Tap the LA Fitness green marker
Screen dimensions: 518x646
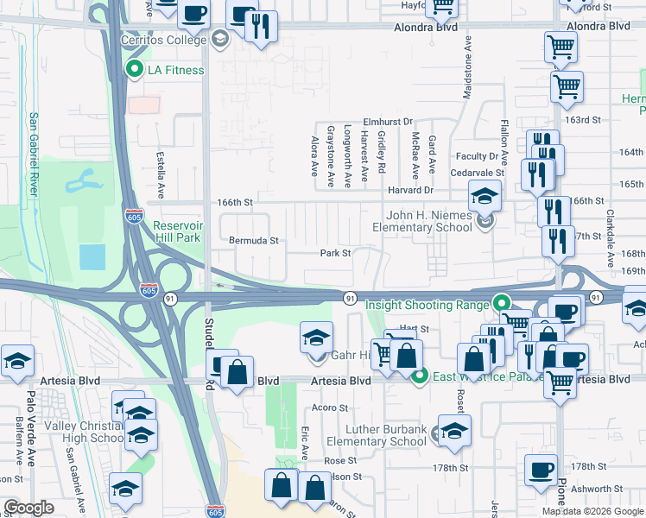tap(134, 70)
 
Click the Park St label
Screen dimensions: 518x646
tap(335, 254)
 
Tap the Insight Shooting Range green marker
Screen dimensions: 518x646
tap(500, 304)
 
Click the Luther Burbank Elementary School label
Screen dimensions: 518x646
tap(386, 435)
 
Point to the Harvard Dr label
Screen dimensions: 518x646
tap(409, 190)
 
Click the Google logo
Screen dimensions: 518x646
tap(29, 508)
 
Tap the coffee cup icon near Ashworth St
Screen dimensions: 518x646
tap(541, 471)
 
